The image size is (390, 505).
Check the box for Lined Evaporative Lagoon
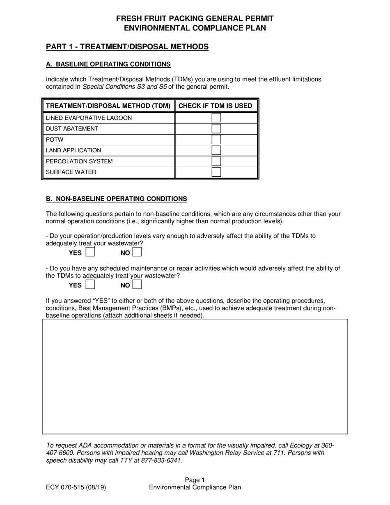[x=216, y=118]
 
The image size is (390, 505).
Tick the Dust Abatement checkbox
[x=216, y=129]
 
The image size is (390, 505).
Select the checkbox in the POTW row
[x=216, y=140]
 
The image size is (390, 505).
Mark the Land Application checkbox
[x=216, y=150]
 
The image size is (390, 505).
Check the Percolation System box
[x=216, y=161]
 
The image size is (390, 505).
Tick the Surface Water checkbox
[x=216, y=172]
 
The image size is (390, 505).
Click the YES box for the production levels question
[x=90, y=252]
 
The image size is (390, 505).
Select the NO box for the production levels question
[x=137, y=252]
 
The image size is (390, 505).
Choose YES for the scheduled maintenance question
[x=90, y=285]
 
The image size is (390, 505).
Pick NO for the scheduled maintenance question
[x=137, y=285]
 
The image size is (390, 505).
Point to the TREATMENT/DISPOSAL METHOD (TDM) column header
[x=108, y=106]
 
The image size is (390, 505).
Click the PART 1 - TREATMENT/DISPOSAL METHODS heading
[x=127, y=47]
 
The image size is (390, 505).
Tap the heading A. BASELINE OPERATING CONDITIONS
[x=108, y=64]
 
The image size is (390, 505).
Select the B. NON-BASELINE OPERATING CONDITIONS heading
[x=117, y=199]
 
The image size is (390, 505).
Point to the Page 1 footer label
[x=195, y=480]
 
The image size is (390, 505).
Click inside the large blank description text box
[x=195, y=376]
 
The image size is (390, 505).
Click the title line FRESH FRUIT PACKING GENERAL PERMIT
[x=195, y=18]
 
